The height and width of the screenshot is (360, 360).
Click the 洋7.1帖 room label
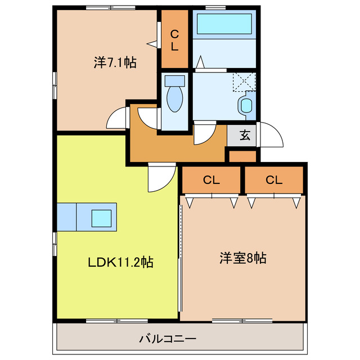114,62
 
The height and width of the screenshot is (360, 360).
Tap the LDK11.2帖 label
120,262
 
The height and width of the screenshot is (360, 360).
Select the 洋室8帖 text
242,259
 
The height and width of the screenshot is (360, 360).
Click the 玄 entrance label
245,135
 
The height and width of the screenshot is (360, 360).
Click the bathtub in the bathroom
223,25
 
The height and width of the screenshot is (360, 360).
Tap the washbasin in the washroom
246,105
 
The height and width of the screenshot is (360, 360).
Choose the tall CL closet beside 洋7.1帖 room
175,39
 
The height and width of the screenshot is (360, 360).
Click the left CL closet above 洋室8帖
211,180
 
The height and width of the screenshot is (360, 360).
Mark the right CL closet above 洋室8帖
274,180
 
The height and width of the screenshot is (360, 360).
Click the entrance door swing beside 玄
269,134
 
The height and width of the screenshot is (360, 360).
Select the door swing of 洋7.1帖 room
117,118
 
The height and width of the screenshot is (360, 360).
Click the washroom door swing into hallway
203,133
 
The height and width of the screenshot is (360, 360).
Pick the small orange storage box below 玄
242,156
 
